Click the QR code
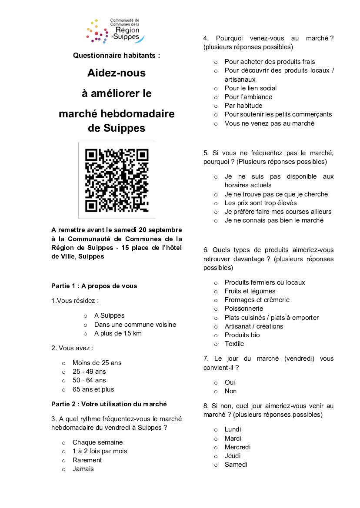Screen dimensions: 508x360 117,180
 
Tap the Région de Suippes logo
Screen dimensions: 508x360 115,31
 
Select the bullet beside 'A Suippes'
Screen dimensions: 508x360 85,316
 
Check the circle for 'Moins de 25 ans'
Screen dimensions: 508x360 63,363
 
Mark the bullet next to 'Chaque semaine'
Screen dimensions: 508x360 63,443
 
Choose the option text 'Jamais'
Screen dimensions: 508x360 83,469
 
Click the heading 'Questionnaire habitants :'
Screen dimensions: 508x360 117,55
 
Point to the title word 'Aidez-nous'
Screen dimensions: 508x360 117,73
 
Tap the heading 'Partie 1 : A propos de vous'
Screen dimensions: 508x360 94,286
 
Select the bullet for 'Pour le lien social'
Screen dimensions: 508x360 216,88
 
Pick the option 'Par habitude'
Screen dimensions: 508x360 243,106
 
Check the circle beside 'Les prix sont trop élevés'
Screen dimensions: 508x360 216,203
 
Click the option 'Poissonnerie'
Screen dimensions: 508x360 243,309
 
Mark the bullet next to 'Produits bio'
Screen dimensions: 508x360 216,335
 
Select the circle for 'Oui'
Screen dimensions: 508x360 216,382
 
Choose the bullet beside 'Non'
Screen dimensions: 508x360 216,391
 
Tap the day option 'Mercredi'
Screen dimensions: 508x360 237,447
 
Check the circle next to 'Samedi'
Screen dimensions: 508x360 216,465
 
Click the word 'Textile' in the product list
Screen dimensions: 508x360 234,344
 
